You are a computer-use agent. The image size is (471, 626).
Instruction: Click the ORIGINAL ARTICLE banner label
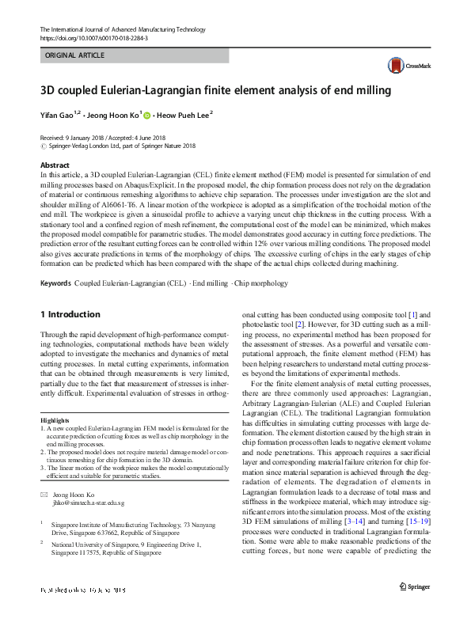tap(75, 56)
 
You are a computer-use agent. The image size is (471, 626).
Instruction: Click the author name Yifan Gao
tap(59, 116)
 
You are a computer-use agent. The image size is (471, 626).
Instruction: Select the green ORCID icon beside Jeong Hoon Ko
tap(146, 116)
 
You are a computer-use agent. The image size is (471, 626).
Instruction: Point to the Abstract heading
tap(55, 165)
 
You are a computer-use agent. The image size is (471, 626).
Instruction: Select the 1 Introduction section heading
tap(70, 314)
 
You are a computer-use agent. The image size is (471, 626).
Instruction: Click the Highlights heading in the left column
tap(55, 419)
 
